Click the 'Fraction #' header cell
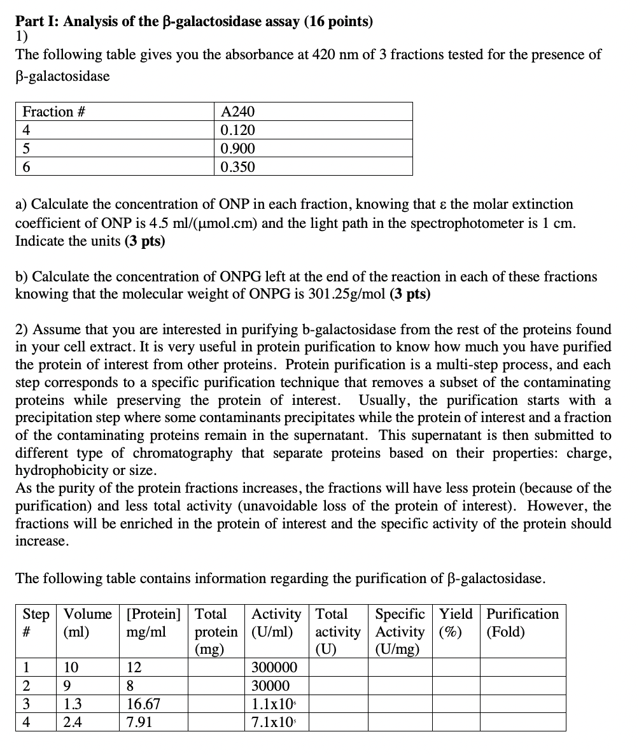54,112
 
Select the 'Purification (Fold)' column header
522,623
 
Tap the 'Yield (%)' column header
456,623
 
